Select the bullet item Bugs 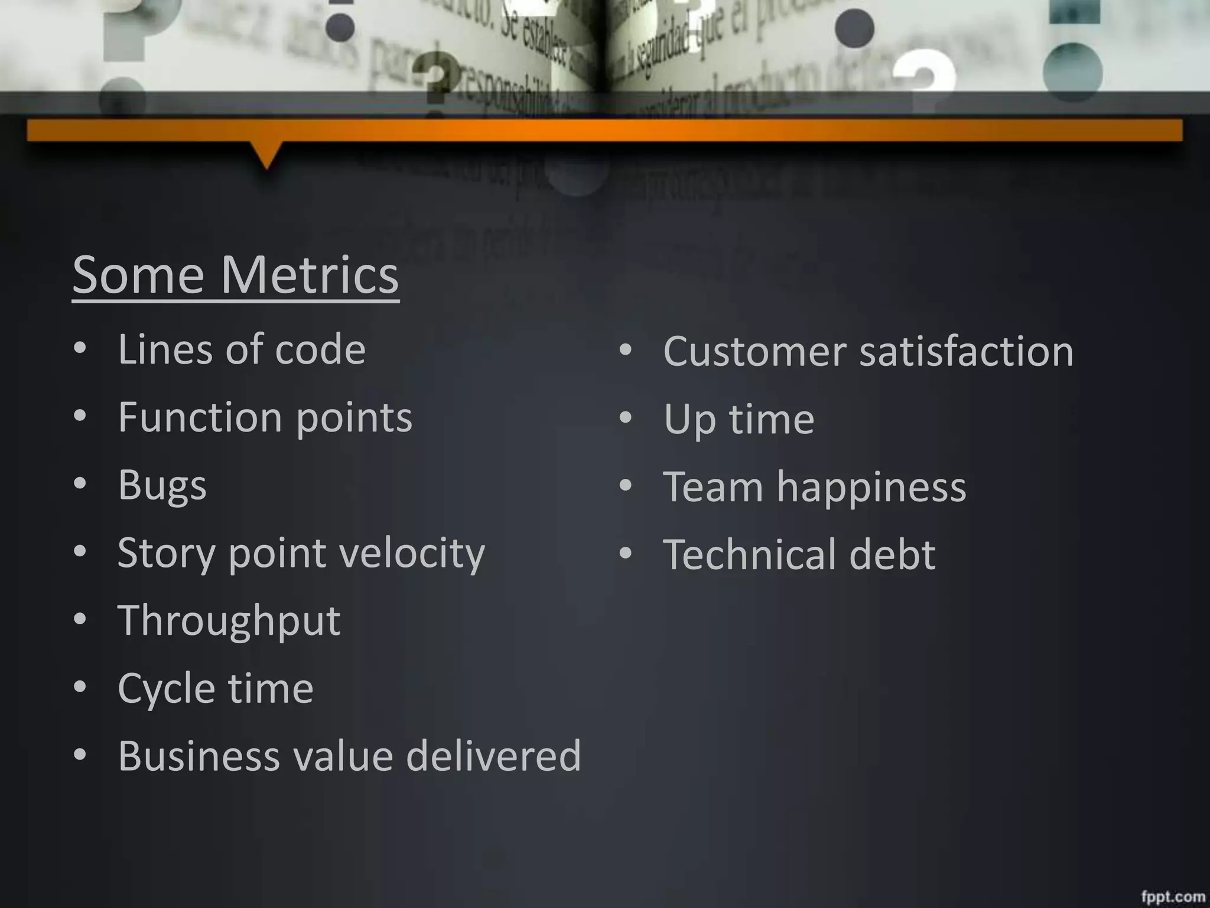[x=162, y=485]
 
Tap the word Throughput [x=229, y=621]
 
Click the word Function [x=200, y=417]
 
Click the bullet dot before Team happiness [x=626, y=486]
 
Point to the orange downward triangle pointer [x=266, y=155]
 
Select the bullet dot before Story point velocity [x=80, y=552]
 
